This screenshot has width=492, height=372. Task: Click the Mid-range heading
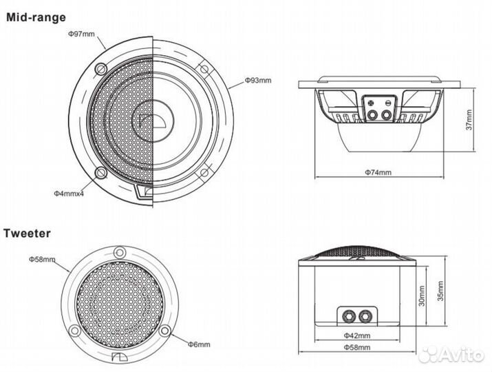pos(36,18)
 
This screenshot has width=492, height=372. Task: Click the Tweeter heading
pos(27,234)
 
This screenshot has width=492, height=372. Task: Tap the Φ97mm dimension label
pos(81,34)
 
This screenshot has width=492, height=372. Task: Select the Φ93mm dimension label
pos(258,81)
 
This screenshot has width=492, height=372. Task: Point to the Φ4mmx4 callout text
pos(69,193)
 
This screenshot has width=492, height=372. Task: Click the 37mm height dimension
pos(469,120)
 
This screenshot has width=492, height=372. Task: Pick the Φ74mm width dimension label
pos(378,172)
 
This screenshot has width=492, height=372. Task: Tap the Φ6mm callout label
pos(199,344)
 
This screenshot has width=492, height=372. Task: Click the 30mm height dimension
pos(421,296)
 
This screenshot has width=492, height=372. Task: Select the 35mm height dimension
pos(440,291)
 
